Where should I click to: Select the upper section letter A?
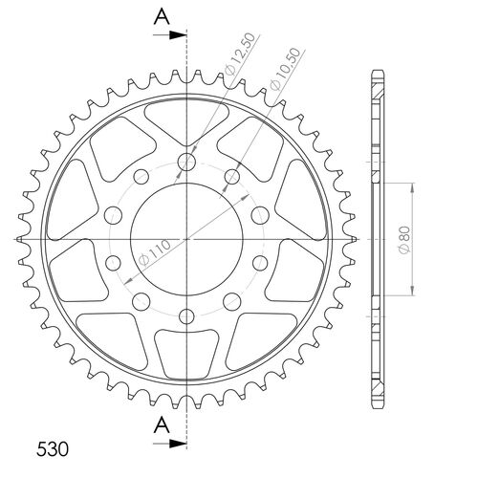(x=162, y=16)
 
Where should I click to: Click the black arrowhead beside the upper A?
(x=179, y=35)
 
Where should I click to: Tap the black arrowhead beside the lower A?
(x=179, y=445)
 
